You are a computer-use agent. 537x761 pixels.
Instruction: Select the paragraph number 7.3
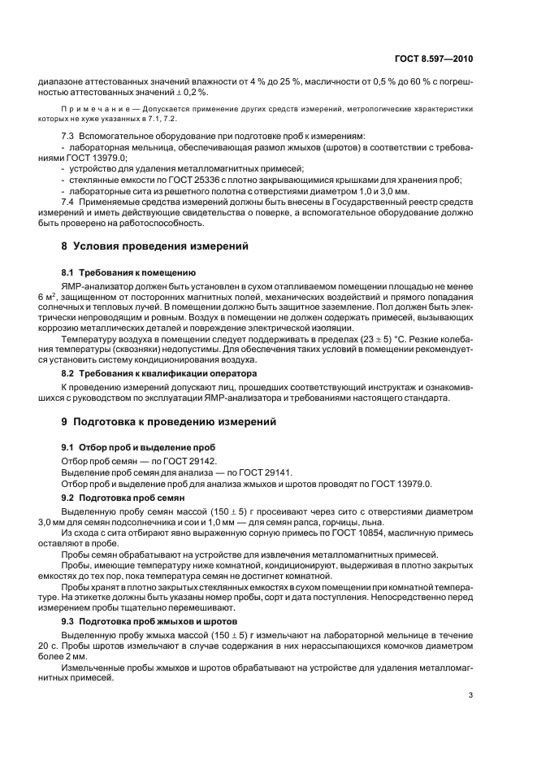(x=67, y=134)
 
